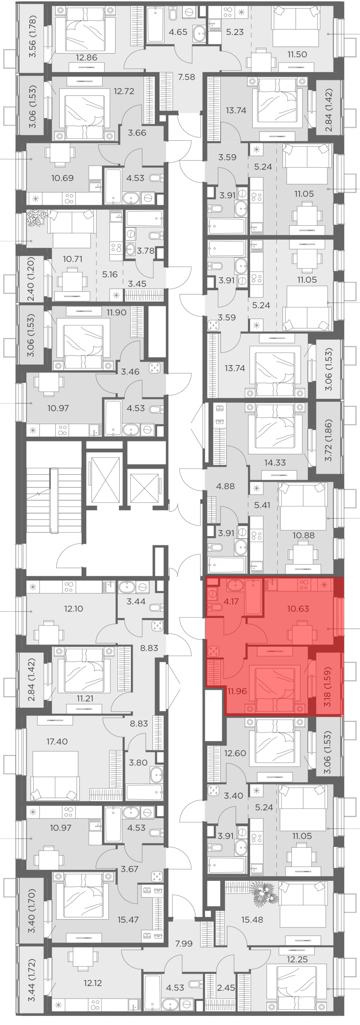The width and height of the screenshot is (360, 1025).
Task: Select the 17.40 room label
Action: pyautogui.click(x=57, y=741)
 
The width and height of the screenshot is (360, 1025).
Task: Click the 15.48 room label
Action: pyautogui.click(x=252, y=919)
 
